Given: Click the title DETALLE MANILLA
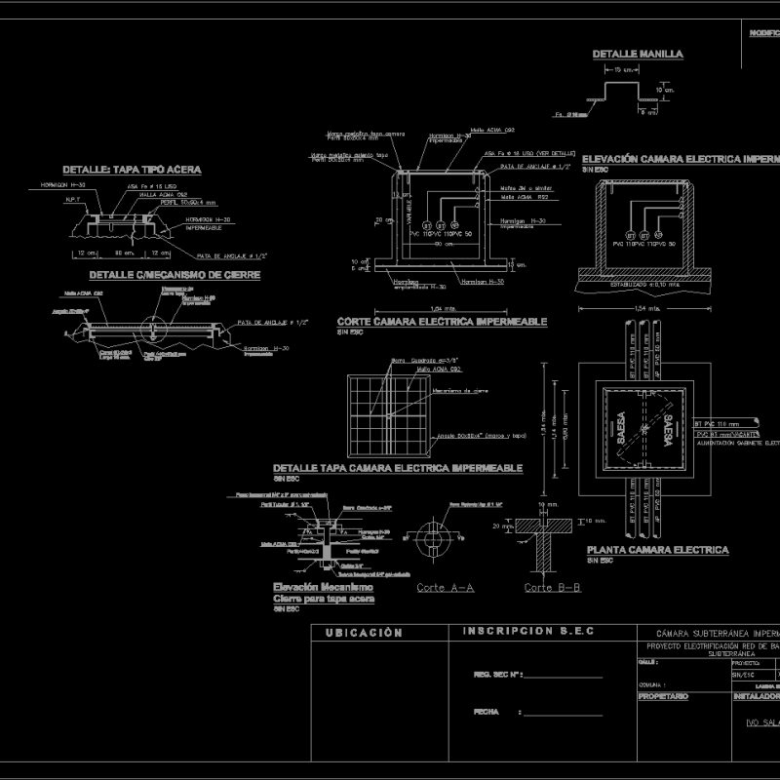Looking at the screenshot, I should [638, 55].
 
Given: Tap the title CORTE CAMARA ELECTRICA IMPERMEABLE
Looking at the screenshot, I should [441, 322].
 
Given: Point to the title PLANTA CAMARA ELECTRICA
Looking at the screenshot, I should [657, 550].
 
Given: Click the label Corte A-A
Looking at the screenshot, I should [445, 588].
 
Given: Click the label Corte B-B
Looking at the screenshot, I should [552, 588].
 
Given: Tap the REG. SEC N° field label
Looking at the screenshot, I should [498, 675].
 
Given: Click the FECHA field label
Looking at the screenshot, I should [487, 712].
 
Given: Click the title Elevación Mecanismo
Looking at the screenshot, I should [323, 588].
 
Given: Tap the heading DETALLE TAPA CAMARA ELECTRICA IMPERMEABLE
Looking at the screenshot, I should [398, 469].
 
